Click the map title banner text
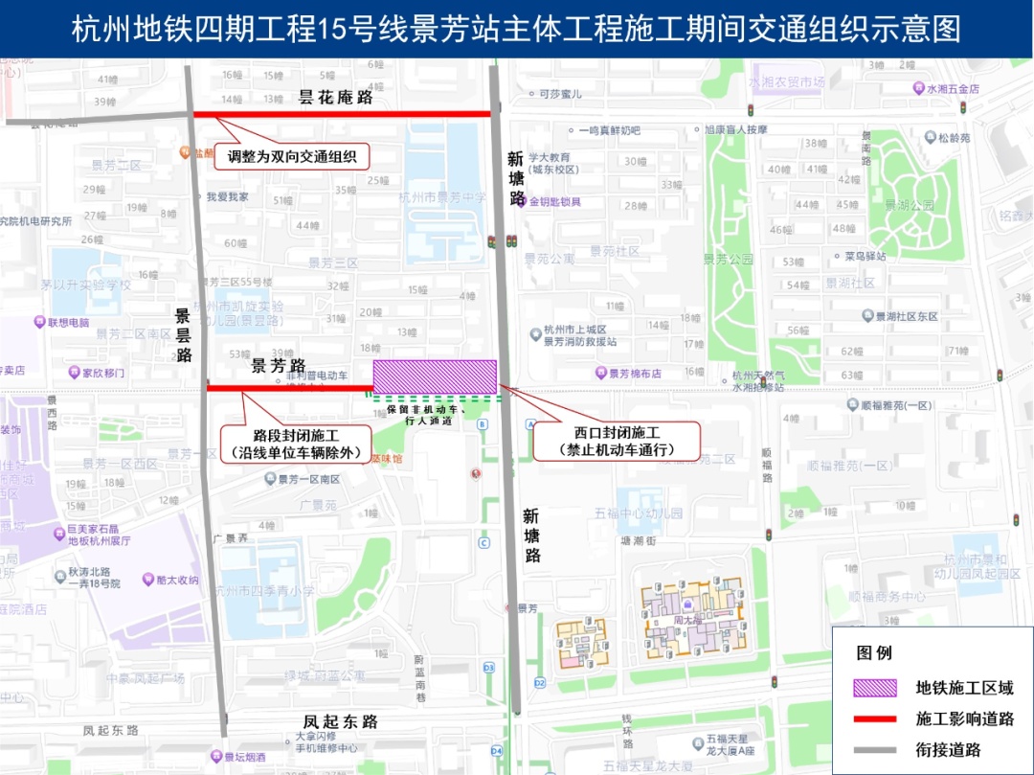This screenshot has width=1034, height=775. (x=516, y=29)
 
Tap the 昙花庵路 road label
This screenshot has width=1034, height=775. (x=335, y=98)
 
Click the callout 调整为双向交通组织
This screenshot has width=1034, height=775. (x=292, y=156)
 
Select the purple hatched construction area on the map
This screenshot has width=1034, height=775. (x=435, y=376)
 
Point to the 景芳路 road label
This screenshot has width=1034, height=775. (x=279, y=366)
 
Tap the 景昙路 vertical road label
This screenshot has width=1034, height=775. (x=183, y=335)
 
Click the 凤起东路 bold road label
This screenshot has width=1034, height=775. (x=341, y=721)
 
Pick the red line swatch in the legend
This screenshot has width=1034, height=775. (x=876, y=718)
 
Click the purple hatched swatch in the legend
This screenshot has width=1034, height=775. (x=876, y=688)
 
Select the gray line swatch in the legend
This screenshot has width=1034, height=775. (x=876, y=750)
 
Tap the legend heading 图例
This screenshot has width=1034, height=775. (x=874, y=653)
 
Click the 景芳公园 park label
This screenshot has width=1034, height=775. (x=728, y=260)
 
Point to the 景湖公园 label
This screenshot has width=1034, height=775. (x=909, y=205)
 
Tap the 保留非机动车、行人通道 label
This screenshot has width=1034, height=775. (x=427, y=414)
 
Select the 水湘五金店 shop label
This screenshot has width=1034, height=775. (x=953, y=88)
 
